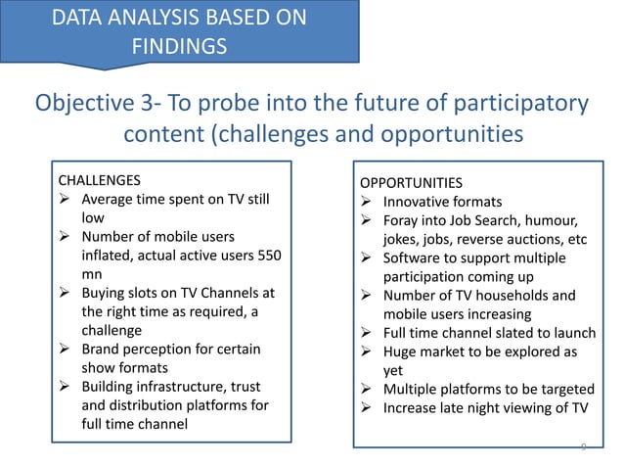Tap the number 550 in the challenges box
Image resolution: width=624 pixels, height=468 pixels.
(x=267, y=256)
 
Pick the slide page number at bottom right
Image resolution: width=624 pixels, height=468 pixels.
(x=583, y=447)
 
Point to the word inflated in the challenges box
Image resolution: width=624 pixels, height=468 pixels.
(x=109, y=256)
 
